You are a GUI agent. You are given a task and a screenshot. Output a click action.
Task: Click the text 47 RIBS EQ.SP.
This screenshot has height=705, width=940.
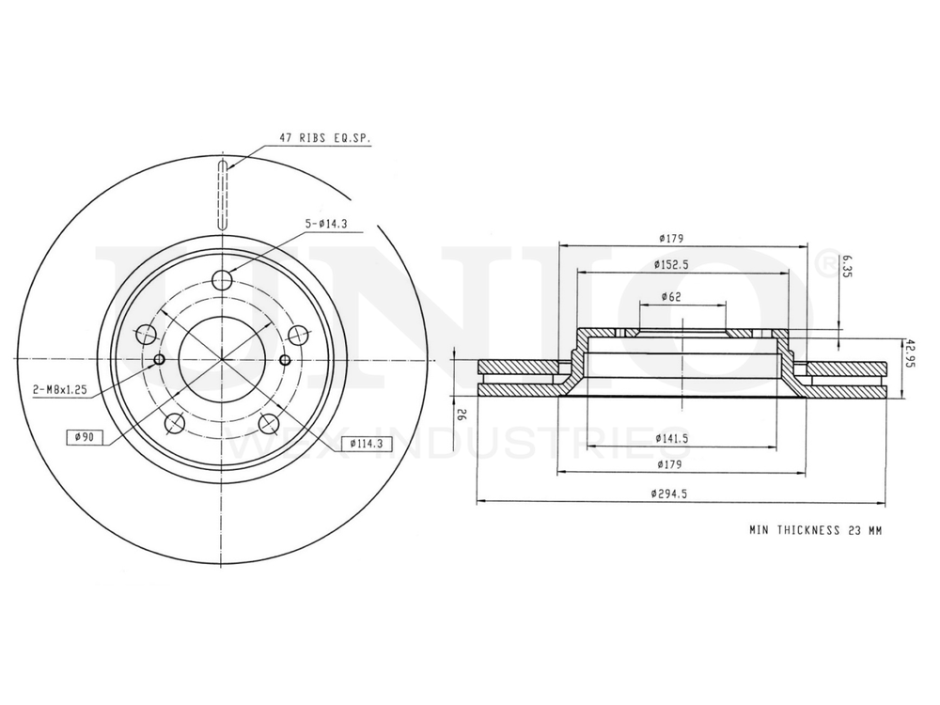324,138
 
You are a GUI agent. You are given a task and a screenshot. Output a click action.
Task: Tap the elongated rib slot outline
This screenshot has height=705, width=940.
222,196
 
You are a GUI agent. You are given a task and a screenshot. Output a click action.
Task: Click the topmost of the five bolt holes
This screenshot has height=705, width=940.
222,280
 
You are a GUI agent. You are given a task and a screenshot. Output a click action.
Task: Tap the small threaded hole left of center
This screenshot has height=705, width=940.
158,359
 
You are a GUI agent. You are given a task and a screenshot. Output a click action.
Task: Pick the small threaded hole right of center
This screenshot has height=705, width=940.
286,359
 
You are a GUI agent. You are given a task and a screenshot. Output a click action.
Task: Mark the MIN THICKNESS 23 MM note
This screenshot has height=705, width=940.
815,531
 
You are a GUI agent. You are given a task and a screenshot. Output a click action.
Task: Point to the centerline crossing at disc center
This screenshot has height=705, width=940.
222,359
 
